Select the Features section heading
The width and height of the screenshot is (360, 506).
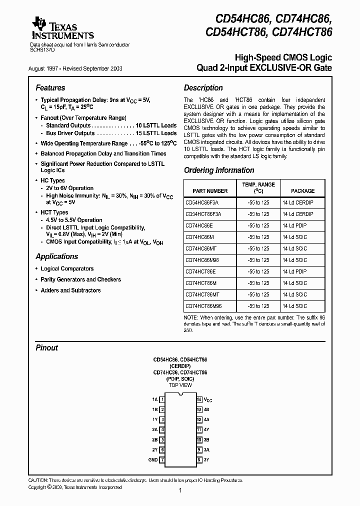[50, 87]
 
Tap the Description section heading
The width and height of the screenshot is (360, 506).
[203, 87]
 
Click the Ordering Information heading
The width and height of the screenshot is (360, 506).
[219, 170]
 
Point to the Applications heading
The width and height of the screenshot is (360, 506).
[57, 256]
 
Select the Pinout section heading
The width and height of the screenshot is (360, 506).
[47, 347]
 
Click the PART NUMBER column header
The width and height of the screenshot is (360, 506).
[210, 191]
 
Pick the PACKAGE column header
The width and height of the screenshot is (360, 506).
[303, 191]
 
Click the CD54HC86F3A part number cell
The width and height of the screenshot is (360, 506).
[202, 202]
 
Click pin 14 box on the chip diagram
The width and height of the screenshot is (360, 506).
[199, 399]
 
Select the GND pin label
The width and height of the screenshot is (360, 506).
[153, 459]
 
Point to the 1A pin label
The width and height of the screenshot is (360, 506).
[154, 399]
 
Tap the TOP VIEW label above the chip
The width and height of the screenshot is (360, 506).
[180, 385]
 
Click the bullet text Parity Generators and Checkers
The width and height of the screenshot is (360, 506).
[80, 279]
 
